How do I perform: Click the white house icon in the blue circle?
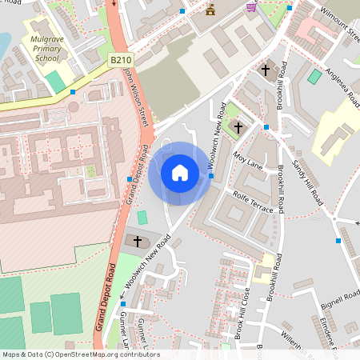pyautogui.click(x=180, y=172)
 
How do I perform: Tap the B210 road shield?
pyautogui.click(x=121, y=60)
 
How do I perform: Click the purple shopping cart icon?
pyautogui.click(x=252, y=7)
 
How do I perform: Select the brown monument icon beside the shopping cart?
pyautogui.click(x=211, y=10)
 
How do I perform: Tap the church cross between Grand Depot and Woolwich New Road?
pyautogui.click(x=137, y=241)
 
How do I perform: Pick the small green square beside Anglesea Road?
pyautogui.click(x=315, y=76)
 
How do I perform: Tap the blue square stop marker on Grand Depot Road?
pyautogui.click(x=130, y=179)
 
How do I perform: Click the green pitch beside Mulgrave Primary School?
pyautogui.click(x=55, y=82)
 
